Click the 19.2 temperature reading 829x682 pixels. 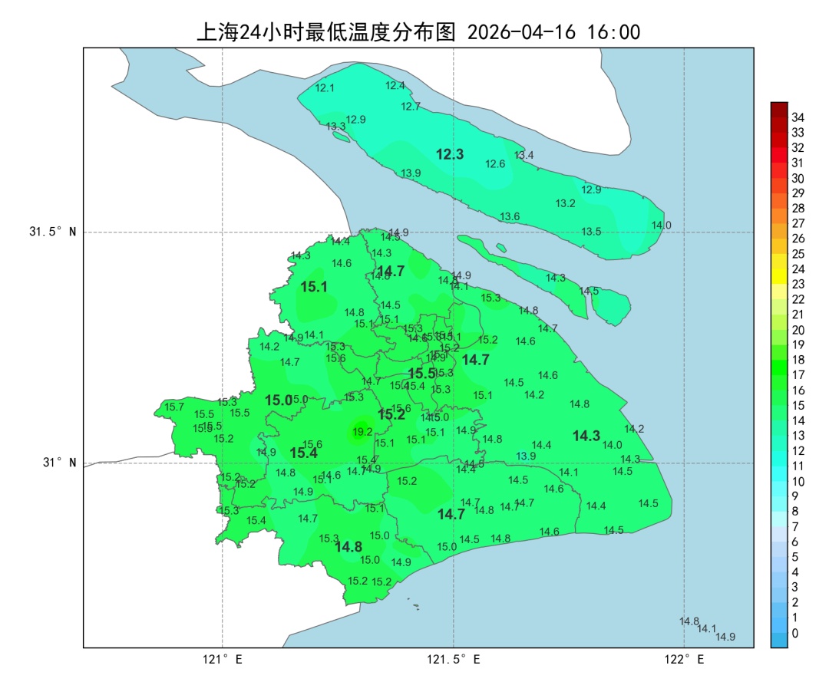click(x=362, y=432)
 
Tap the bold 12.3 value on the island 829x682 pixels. click(x=450, y=154)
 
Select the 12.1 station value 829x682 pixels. click(x=325, y=88)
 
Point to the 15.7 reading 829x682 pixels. click(x=174, y=407)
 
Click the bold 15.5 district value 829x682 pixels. click(x=422, y=374)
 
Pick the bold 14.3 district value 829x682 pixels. click(x=586, y=436)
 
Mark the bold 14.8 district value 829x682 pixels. click(x=348, y=547)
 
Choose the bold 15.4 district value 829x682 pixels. click(x=303, y=453)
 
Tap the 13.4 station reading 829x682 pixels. click(x=523, y=155)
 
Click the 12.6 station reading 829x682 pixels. click(x=495, y=164)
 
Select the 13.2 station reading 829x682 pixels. click(x=565, y=203)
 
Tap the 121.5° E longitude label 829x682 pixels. click(x=454, y=659)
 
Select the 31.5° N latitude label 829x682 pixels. click(x=53, y=232)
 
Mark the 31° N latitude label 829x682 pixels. click(x=58, y=463)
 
